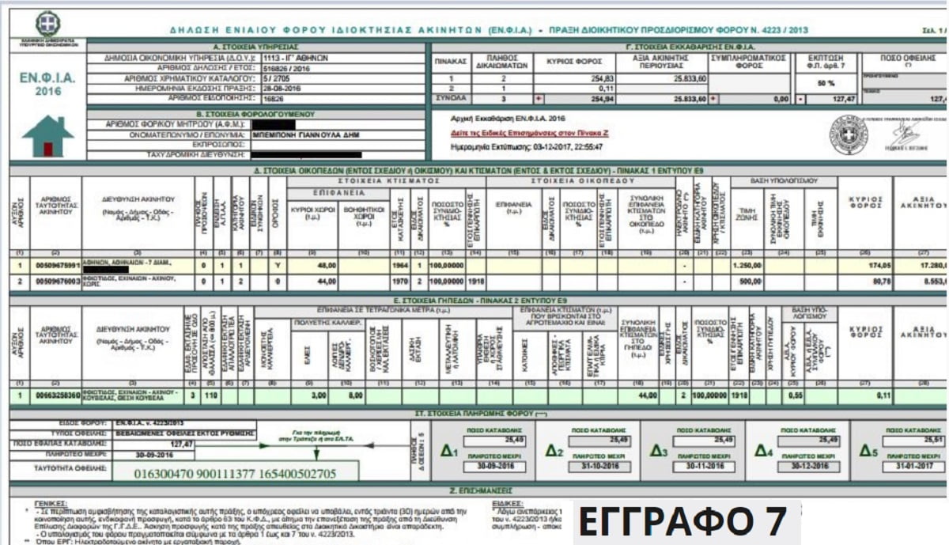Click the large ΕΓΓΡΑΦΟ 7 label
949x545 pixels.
[x=683, y=522]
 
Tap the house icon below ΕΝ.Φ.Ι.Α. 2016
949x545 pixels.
[x=47, y=136]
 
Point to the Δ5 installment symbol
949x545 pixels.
[x=864, y=452]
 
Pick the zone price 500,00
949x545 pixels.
[x=747, y=280]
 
